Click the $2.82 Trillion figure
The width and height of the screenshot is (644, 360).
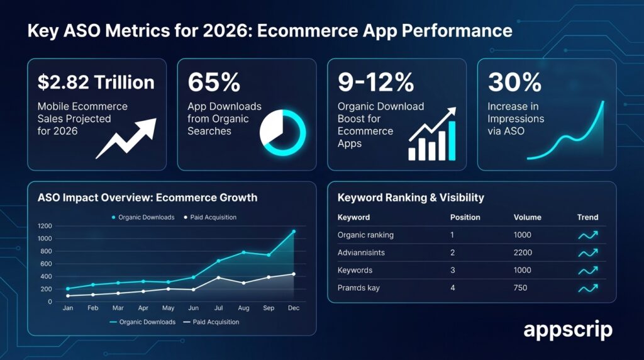(x=96, y=82)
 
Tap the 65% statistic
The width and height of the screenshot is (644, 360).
(x=214, y=82)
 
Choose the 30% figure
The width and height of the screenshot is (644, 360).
(x=514, y=82)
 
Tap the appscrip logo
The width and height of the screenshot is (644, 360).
(x=567, y=330)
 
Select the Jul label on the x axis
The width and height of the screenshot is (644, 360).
(x=218, y=308)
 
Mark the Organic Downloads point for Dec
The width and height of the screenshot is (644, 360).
(x=293, y=232)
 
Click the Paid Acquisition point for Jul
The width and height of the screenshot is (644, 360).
(x=218, y=278)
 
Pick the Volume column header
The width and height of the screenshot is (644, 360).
(x=526, y=217)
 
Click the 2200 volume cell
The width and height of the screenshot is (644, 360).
(x=523, y=252)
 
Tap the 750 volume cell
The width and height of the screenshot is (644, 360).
(x=520, y=288)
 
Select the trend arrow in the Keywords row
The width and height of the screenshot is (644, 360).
(x=587, y=270)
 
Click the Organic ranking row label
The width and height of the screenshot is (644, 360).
(x=365, y=235)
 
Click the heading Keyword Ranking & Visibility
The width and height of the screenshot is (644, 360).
(x=411, y=198)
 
